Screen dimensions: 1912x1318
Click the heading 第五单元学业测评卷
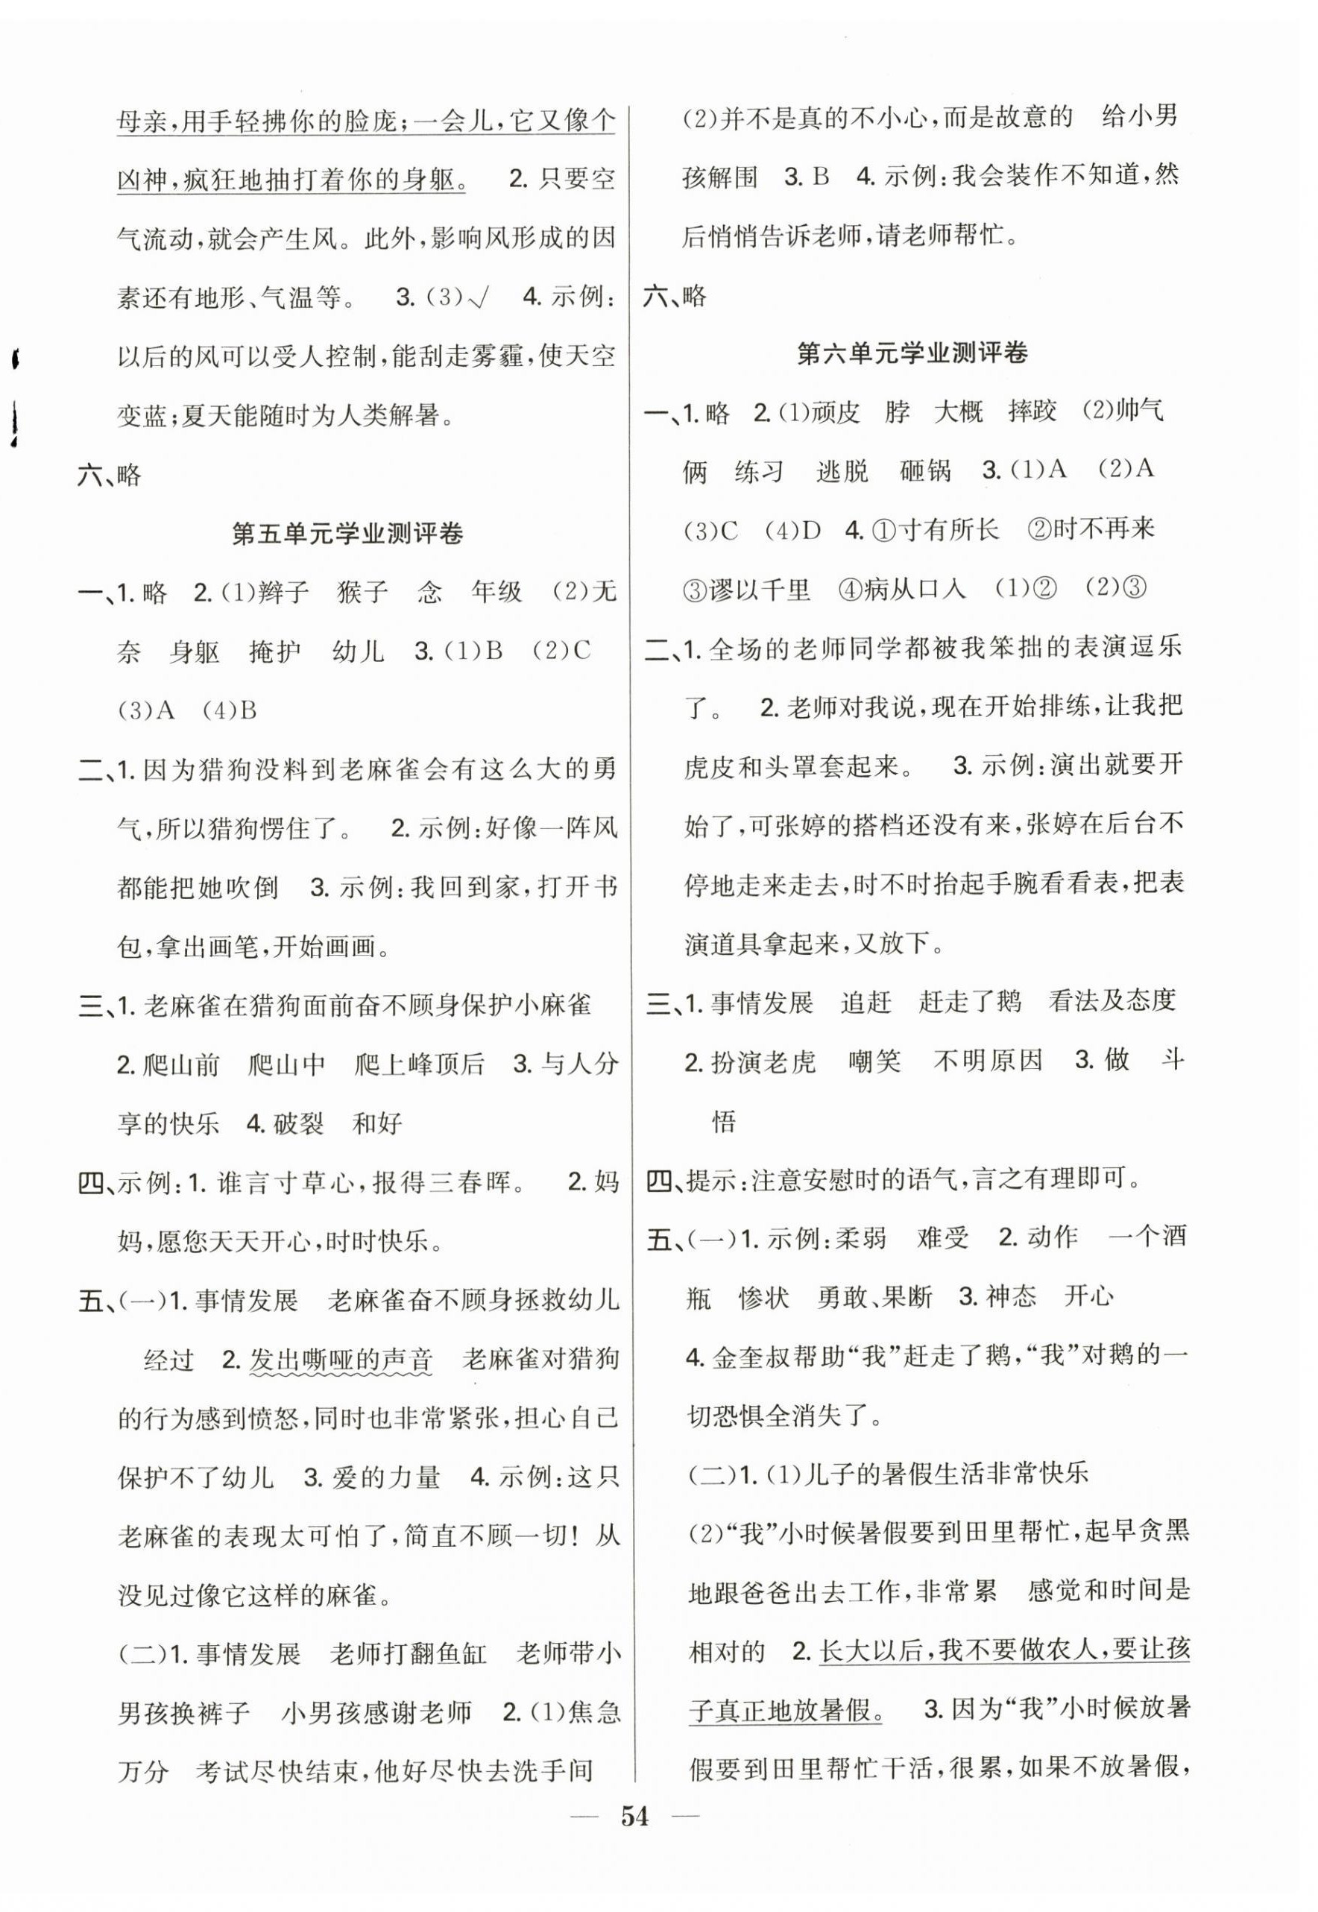(x=347, y=534)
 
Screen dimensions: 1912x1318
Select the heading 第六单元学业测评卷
(x=912, y=353)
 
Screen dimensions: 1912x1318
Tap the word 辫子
(x=283, y=592)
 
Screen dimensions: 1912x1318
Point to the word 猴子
(x=363, y=592)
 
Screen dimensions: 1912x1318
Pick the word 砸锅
(x=925, y=470)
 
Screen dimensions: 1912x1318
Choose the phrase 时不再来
(x=1103, y=529)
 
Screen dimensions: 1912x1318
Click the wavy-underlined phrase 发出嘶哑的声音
(x=340, y=1360)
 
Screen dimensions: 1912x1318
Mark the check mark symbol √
(x=477, y=297)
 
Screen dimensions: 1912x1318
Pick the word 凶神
(x=142, y=179)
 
